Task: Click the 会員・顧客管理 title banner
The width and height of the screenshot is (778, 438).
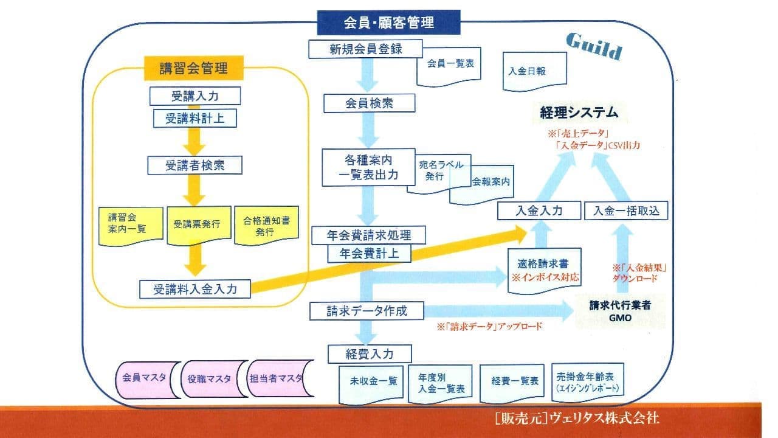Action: pos(389,23)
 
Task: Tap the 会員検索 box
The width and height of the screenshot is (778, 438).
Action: pos(369,103)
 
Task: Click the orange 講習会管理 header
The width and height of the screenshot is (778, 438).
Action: pos(193,68)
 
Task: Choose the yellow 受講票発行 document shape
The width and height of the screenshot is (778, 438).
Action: pos(196,225)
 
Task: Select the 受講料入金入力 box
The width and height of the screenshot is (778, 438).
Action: pos(195,289)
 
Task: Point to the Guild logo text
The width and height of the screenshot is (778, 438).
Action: pos(594,46)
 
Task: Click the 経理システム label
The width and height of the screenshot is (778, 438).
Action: pos(579,113)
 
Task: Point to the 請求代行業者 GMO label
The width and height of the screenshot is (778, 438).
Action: pos(620,310)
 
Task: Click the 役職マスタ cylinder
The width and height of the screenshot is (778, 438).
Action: pos(210,378)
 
